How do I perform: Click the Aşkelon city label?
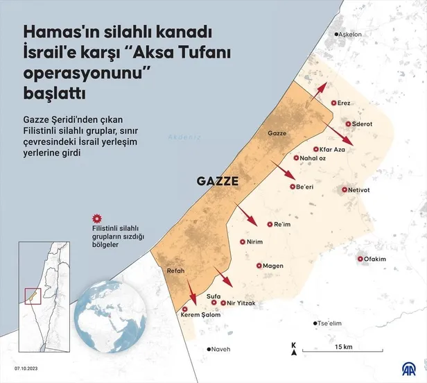[354, 35]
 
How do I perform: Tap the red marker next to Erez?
[333, 103]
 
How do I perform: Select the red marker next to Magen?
[259, 266]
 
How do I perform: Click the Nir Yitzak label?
[239, 303]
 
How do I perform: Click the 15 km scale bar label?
[343, 346]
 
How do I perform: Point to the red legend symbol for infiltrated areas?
[97, 217]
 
